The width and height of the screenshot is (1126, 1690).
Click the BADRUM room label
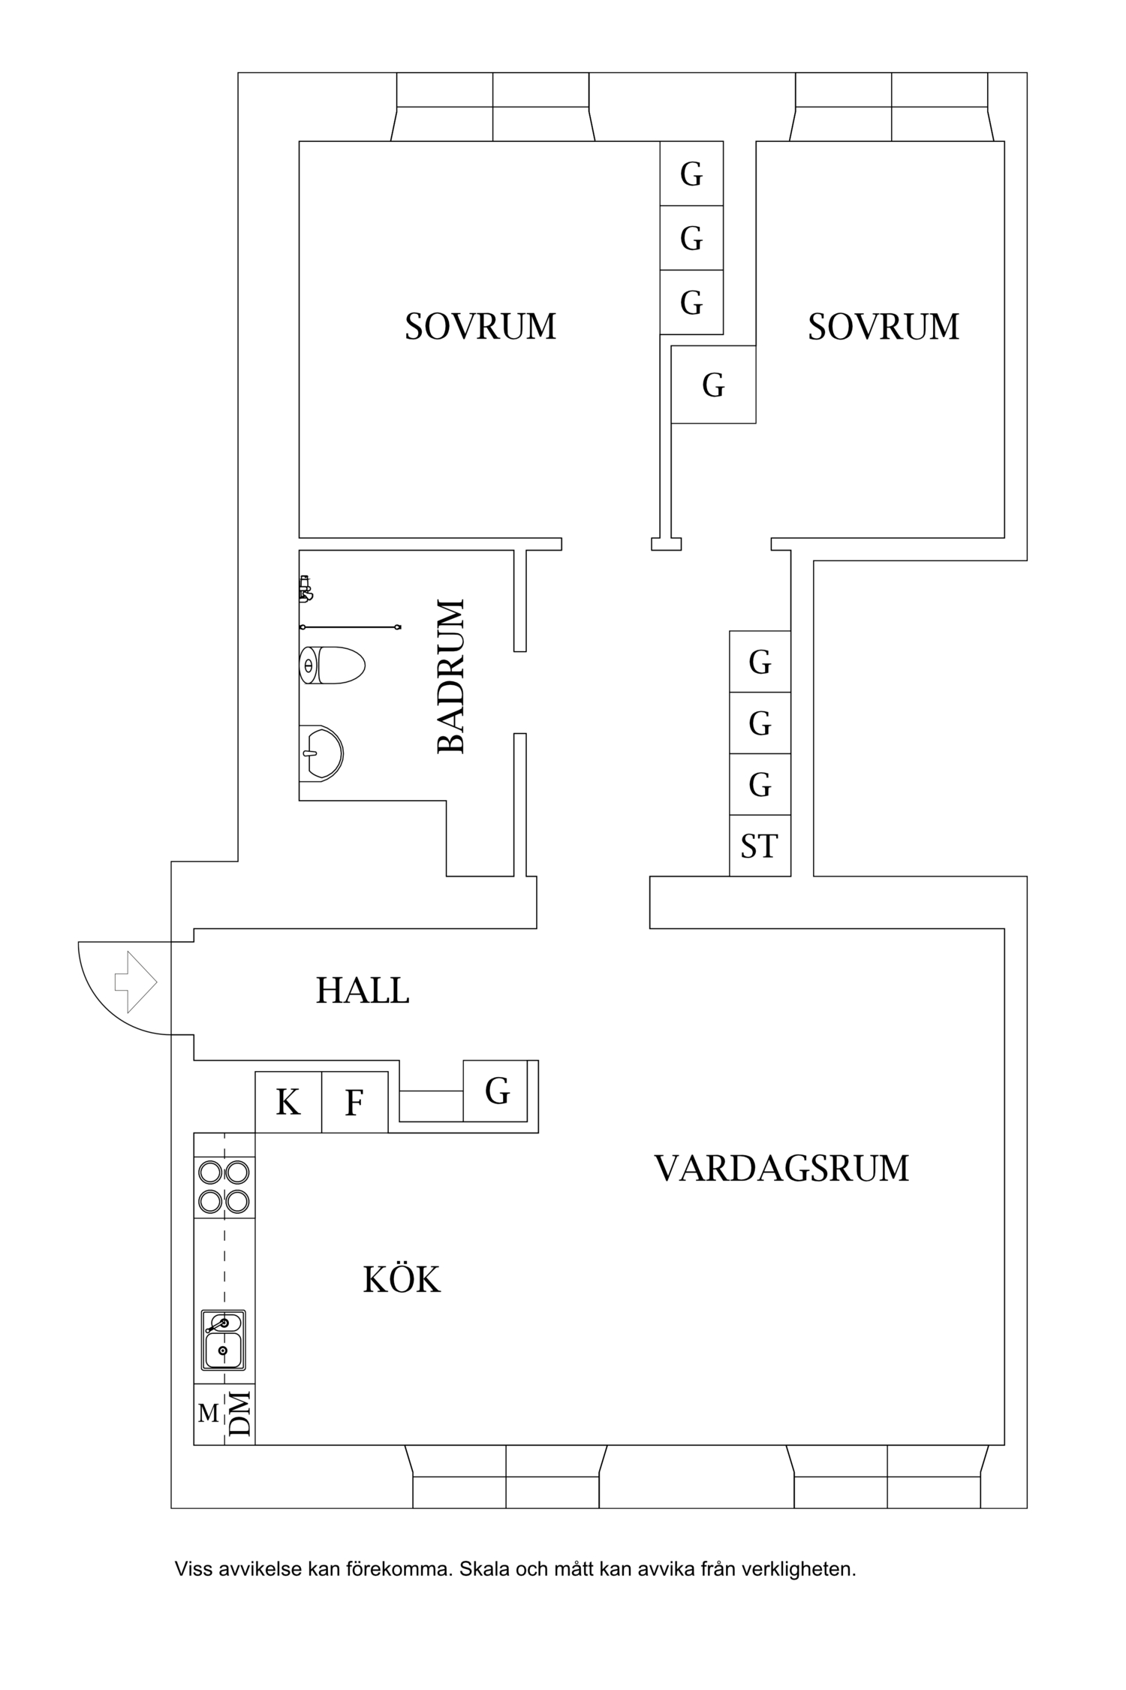451,676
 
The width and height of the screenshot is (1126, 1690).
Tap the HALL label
363,991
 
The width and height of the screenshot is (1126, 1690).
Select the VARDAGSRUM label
781,1169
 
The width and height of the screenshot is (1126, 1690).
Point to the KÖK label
402,1278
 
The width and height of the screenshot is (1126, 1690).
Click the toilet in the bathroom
332,665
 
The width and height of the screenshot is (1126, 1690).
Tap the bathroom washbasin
321,753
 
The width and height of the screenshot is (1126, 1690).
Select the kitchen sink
223,1340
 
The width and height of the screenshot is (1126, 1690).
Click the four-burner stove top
224,1187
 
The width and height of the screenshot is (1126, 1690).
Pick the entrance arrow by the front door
135,982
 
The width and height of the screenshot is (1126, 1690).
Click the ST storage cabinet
760,846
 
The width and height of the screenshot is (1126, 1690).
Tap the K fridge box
288,1102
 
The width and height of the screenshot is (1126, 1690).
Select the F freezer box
355,1102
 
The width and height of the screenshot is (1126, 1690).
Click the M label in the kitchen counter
208,1414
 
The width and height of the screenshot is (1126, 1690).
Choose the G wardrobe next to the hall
496,1091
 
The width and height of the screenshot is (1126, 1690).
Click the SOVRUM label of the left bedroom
480,327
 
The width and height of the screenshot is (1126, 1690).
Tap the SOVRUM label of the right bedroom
884,327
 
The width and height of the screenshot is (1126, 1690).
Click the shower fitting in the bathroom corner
304,589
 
